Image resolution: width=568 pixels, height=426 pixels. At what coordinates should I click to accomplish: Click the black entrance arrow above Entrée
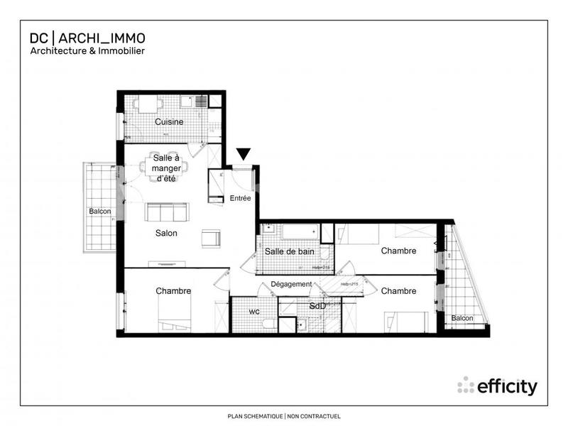click(244, 153)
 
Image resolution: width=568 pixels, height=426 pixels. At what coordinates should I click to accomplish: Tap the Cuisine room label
click(169, 121)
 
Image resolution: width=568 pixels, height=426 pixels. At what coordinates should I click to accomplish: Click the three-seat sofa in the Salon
click(167, 212)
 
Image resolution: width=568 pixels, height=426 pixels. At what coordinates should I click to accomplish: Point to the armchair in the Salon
click(211, 238)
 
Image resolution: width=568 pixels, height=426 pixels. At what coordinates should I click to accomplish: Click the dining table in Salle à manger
click(164, 168)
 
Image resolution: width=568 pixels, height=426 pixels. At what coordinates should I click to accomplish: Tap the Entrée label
click(241, 199)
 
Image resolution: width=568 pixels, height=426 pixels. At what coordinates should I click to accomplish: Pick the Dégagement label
click(291, 284)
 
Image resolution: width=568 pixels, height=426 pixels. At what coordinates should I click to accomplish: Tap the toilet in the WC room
click(268, 324)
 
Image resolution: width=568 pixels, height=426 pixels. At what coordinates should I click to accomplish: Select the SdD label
click(318, 306)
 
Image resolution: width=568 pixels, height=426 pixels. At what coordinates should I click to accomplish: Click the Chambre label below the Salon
click(173, 290)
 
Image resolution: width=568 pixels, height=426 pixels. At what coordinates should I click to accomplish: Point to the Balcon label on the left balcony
click(100, 212)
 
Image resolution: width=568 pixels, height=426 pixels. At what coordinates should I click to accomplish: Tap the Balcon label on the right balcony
click(462, 318)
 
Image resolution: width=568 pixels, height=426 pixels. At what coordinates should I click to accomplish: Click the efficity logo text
click(506, 387)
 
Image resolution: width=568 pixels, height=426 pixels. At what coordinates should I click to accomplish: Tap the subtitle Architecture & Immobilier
click(87, 51)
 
